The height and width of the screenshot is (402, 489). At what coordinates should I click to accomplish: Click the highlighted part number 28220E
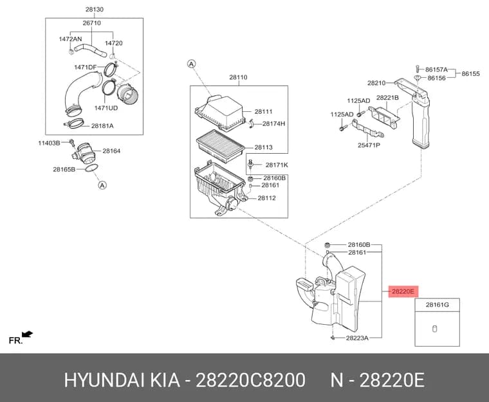(403, 291)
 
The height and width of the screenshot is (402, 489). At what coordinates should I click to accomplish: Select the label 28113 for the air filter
(264, 147)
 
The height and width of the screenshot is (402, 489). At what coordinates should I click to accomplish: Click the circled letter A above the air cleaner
(192, 64)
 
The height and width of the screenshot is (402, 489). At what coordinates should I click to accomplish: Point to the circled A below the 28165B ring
(102, 185)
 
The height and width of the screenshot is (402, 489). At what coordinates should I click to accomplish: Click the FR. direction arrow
(28, 334)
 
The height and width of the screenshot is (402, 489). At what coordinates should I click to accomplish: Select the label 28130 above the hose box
(95, 10)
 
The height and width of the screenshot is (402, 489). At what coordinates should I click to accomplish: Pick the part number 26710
(91, 23)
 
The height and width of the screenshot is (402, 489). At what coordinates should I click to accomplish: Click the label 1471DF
(86, 67)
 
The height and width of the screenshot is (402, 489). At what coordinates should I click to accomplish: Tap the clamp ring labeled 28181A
(75, 123)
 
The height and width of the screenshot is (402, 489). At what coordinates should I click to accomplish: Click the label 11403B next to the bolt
(49, 143)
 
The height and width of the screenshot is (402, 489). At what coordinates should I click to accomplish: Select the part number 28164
(111, 151)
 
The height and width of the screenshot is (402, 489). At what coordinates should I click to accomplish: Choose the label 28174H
(273, 123)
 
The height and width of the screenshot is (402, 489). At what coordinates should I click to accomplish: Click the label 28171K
(277, 165)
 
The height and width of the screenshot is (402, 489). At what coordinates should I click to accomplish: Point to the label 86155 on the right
(470, 74)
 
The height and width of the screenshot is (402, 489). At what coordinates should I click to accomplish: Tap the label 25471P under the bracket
(369, 145)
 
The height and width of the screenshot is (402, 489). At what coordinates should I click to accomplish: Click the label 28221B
(387, 98)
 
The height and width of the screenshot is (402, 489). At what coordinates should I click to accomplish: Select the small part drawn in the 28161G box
(434, 329)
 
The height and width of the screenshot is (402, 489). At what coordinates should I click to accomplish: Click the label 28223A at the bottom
(357, 338)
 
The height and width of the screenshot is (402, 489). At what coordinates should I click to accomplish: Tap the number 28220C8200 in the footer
(250, 380)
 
